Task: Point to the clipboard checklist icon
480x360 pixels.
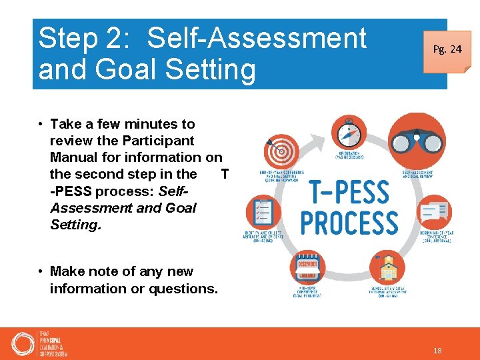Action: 263,213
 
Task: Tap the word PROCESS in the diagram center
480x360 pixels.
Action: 349,223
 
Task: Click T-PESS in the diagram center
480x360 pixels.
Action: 349,192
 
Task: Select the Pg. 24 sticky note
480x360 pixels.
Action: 447,49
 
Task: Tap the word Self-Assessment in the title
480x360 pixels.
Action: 257,38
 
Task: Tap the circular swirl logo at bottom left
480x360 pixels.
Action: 23,344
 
